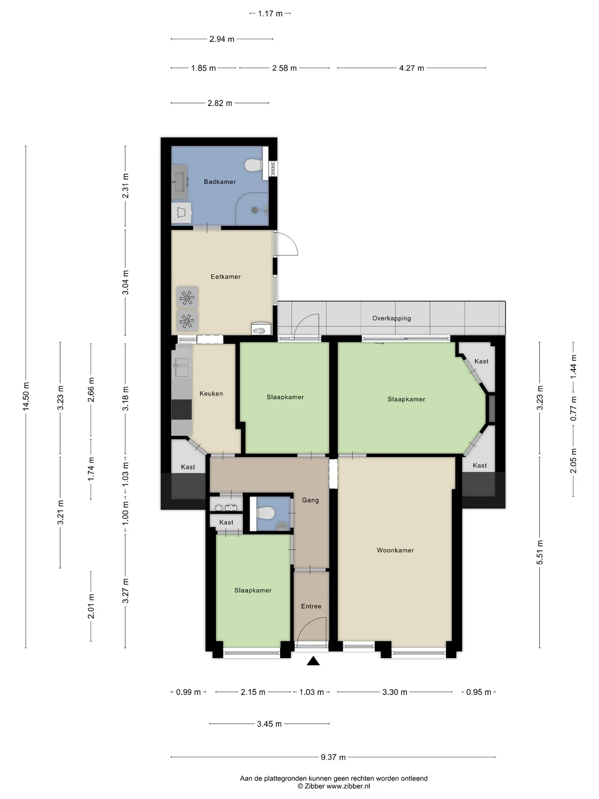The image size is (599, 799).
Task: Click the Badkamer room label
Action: click(220, 182)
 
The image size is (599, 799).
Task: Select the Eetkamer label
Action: click(225, 277)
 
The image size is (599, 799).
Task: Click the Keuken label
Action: click(211, 394)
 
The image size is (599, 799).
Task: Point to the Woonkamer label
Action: click(395, 551)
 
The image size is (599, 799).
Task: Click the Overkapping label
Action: click(391, 318)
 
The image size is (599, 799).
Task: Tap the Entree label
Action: click(311, 606)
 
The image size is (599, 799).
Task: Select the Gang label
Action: click(310, 500)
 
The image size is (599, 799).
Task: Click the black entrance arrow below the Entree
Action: click(313, 661)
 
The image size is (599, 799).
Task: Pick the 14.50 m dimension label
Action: click(26, 396)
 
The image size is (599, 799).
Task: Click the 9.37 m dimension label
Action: click(333, 757)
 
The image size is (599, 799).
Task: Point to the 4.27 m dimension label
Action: click(411, 68)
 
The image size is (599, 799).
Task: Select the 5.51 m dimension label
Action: click(540, 552)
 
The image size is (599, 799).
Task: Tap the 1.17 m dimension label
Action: click(270, 14)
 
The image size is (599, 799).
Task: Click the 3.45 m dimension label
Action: click(269, 724)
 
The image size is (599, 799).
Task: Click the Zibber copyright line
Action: click(334, 786)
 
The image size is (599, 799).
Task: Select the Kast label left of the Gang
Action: click(226, 522)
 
